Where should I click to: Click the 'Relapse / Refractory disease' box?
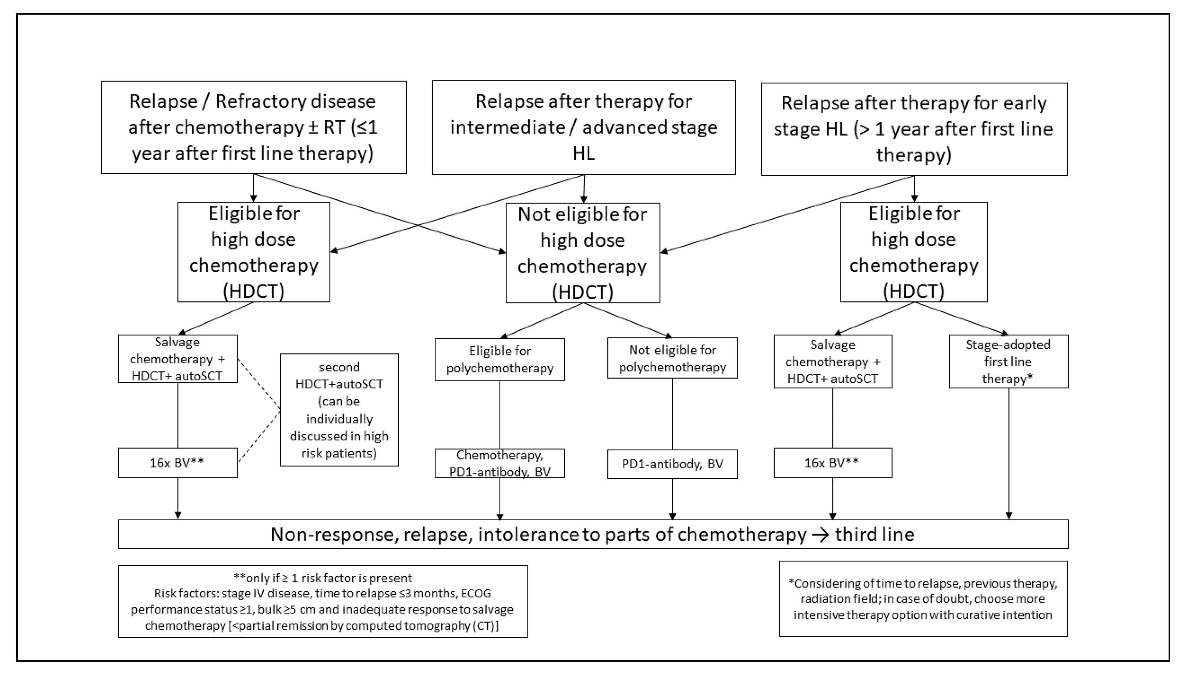(x=254, y=127)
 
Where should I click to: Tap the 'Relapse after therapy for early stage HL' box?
(x=914, y=129)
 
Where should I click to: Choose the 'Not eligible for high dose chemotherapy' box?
(x=583, y=253)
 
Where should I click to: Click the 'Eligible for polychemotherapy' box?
(x=499, y=359)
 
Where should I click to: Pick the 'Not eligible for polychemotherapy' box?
(x=672, y=358)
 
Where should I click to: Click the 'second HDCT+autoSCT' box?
(x=339, y=409)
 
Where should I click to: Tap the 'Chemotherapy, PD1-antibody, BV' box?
(x=499, y=463)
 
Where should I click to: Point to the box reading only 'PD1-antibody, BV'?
(x=672, y=464)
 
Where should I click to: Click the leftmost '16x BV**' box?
(x=177, y=463)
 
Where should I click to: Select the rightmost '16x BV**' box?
(x=832, y=463)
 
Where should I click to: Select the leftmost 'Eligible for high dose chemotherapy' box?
(x=254, y=252)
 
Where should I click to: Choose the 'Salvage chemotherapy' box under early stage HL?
(x=832, y=361)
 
